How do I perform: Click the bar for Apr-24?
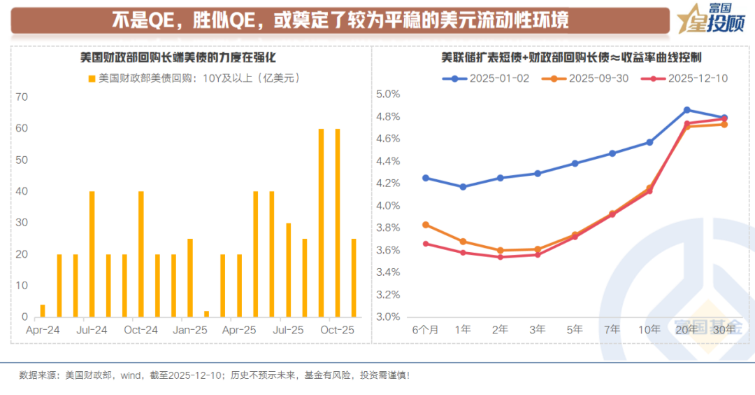click(x=43, y=311)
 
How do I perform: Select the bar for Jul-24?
click(x=92, y=254)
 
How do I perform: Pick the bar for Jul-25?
click(x=288, y=270)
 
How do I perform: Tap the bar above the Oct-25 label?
click(x=338, y=223)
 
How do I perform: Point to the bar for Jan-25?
click(x=189, y=278)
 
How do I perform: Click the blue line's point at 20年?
click(x=687, y=110)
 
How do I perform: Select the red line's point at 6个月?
click(x=426, y=244)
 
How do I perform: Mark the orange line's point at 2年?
click(x=500, y=250)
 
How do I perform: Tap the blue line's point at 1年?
click(x=463, y=187)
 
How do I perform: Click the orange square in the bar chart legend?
click(x=92, y=78)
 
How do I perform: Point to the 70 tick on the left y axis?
click(x=21, y=97)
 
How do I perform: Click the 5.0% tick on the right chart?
click(x=388, y=95)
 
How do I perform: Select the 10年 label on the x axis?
click(x=649, y=329)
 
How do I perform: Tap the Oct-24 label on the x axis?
click(x=141, y=329)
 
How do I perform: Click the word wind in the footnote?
click(x=132, y=375)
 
